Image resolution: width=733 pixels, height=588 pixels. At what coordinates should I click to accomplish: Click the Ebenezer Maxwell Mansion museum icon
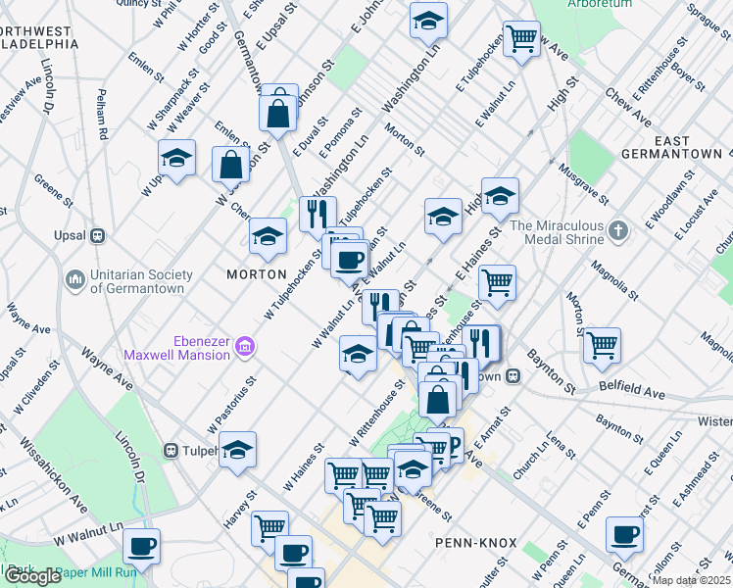pos(245,346)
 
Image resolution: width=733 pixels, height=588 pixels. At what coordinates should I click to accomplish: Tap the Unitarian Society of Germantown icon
pos(75,280)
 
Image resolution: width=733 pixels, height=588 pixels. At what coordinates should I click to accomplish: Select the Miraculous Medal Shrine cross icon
pos(616,231)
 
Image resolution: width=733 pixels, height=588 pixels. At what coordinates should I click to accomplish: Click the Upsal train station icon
pos(97,236)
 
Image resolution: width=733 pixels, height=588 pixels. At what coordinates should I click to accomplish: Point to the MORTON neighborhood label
pos(257,274)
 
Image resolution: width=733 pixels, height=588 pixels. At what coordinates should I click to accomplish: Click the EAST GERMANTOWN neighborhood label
pos(690,148)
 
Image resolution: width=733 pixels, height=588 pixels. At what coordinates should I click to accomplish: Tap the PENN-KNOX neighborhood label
pos(467,541)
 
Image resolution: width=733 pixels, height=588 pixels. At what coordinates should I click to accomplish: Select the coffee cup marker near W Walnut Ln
pos(141,547)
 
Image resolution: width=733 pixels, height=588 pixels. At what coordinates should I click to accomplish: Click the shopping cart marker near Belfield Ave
pos(602,345)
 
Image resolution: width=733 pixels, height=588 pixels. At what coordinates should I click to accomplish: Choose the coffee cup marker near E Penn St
pos(624,535)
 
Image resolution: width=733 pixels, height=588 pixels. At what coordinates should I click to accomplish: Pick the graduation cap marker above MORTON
pos(268,235)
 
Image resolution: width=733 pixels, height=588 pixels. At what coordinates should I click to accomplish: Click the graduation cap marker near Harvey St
pos(237,450)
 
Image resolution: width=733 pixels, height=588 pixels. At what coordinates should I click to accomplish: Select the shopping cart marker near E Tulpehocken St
pos(522,39)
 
